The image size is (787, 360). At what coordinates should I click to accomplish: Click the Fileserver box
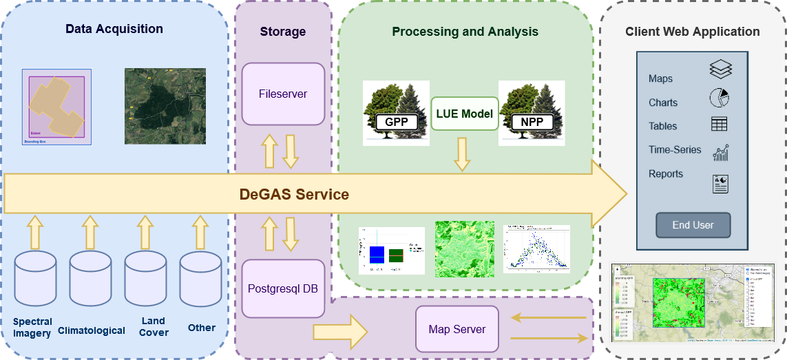(x=282, y=94)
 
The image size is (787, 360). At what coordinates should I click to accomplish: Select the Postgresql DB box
(x=282, y=288)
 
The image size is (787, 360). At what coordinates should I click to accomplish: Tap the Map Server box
(x=457, y=329)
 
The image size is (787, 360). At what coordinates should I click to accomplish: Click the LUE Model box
(x=465, y=114)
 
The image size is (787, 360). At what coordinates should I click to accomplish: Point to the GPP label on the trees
(x=396, y=123)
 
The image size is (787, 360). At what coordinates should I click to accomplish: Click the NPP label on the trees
(x=532, y=123)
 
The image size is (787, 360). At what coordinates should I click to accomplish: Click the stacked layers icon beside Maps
(x=720, y=69)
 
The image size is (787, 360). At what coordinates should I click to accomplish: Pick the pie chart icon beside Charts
(x=719, y=98)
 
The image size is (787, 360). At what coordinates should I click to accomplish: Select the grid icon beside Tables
(x=720, y=124)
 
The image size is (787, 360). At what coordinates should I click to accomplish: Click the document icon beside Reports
(x=720, y=183)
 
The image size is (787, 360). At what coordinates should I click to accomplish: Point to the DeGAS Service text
(x=294, y=195)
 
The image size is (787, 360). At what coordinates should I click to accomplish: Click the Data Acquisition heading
(x=114, y=29)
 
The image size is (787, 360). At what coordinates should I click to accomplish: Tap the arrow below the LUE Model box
(x=461, y=154)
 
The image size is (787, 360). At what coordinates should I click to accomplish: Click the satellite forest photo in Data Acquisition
(x=165, y=106)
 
